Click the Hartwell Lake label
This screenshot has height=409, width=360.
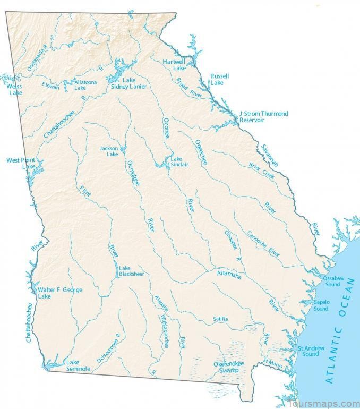tap(174, 64)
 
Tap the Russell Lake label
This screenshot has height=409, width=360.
tap(219, 79)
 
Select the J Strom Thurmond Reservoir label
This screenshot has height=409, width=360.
tap(263, 117)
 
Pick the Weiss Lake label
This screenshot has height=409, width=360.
tap(15, 89)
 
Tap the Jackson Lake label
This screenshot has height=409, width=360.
tap(109, 151)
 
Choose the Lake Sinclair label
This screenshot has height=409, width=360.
tap(179, 161)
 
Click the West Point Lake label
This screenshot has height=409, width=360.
tap(20, 163)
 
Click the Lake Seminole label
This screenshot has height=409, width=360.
tap(78, 365)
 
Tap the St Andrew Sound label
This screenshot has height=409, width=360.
tap(308, 351)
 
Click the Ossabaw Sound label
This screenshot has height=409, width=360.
tap(332, 281)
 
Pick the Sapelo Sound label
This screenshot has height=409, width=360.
tap(321, 305)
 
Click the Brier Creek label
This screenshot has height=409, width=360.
tap(263, 169)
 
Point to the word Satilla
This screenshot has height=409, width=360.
tap(220, 319)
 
